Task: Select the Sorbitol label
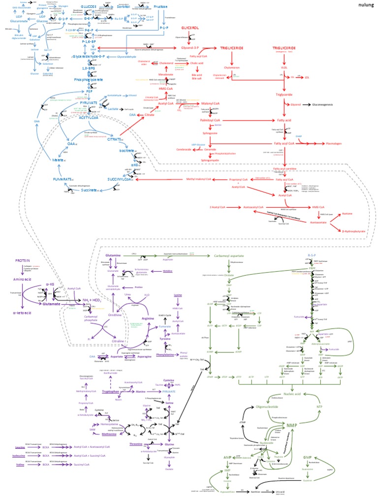126,7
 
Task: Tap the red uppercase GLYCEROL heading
190,29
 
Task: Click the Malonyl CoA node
214,104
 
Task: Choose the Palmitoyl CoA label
210,120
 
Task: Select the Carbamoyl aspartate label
229,256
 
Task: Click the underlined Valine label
21,464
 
